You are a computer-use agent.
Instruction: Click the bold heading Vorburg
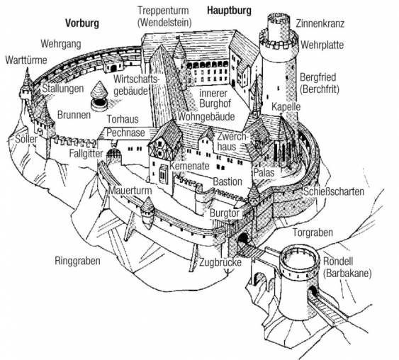[x=82, y=23]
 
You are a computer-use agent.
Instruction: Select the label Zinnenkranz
[x=320, y=23]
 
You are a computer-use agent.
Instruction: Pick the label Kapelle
[x=287, y=106]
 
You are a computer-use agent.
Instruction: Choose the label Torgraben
[x=311, y=233]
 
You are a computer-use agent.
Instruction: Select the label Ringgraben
[x=77, y=260]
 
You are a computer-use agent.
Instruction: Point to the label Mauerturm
[x=130, y=191]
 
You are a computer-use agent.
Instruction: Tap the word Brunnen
[x=75, y=114]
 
